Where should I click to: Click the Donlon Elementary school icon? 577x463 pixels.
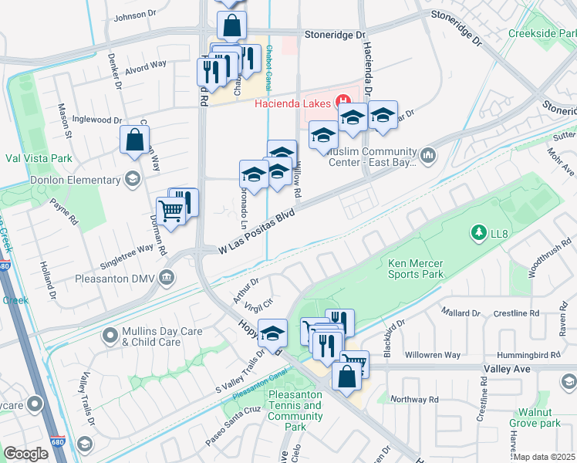click(x=133, y=180)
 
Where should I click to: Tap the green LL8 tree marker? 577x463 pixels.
click(x=478, y=231)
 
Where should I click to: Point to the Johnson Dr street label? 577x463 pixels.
click(x=134, y=16)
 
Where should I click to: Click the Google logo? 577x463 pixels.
click(x=26, y=454)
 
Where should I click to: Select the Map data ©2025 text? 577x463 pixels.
click(x=545, y=457)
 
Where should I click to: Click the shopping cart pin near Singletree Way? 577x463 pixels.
click(x=170, y=210)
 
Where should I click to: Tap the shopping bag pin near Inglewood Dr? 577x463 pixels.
click(x=134, y=141)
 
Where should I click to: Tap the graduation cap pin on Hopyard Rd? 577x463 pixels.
click(x=272, y=334)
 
